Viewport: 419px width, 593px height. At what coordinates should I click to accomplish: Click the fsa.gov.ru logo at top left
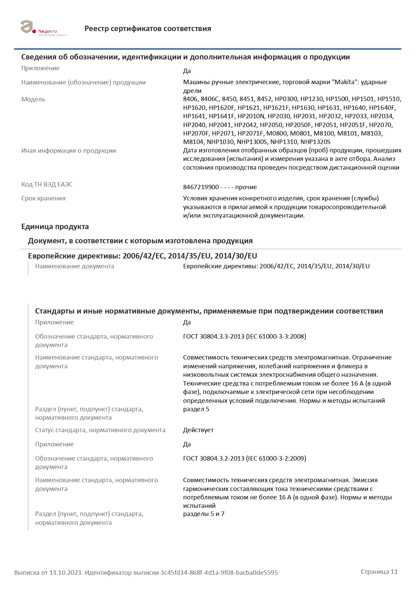(43, 28)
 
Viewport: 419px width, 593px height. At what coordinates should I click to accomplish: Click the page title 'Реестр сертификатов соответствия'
(148, 29)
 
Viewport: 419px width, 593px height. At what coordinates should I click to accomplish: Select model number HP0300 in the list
(286, 99)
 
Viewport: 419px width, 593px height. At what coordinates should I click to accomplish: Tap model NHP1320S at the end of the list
(315, 142)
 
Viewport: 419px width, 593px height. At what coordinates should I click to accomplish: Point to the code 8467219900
(201, 187)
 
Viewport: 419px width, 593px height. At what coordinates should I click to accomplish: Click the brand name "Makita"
(344, 82)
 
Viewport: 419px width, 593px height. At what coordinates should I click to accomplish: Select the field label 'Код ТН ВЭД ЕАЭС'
(47, 184)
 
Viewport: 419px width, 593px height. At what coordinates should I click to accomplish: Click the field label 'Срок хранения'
(43, 198)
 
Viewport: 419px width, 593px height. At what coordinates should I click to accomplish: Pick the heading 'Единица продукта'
(55, 227)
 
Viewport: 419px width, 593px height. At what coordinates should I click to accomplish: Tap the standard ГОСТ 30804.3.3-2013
(214, 337)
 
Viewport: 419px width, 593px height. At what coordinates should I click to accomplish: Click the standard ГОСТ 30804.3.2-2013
(214, 459)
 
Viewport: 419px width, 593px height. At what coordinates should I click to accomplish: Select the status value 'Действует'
(198, 430)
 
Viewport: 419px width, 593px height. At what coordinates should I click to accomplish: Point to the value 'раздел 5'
(196, 409)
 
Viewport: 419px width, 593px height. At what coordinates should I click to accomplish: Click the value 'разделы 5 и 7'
(204, 514)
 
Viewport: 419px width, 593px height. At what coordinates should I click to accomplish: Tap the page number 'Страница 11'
(379, 572)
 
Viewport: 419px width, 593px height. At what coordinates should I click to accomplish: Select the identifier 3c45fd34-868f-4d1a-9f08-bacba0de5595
(219, 573)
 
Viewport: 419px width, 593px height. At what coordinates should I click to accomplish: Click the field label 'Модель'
(33, 99)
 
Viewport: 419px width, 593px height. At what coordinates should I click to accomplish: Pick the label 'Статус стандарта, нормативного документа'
(100, 430)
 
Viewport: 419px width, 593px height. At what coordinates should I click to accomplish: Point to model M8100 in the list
(324, 133)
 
